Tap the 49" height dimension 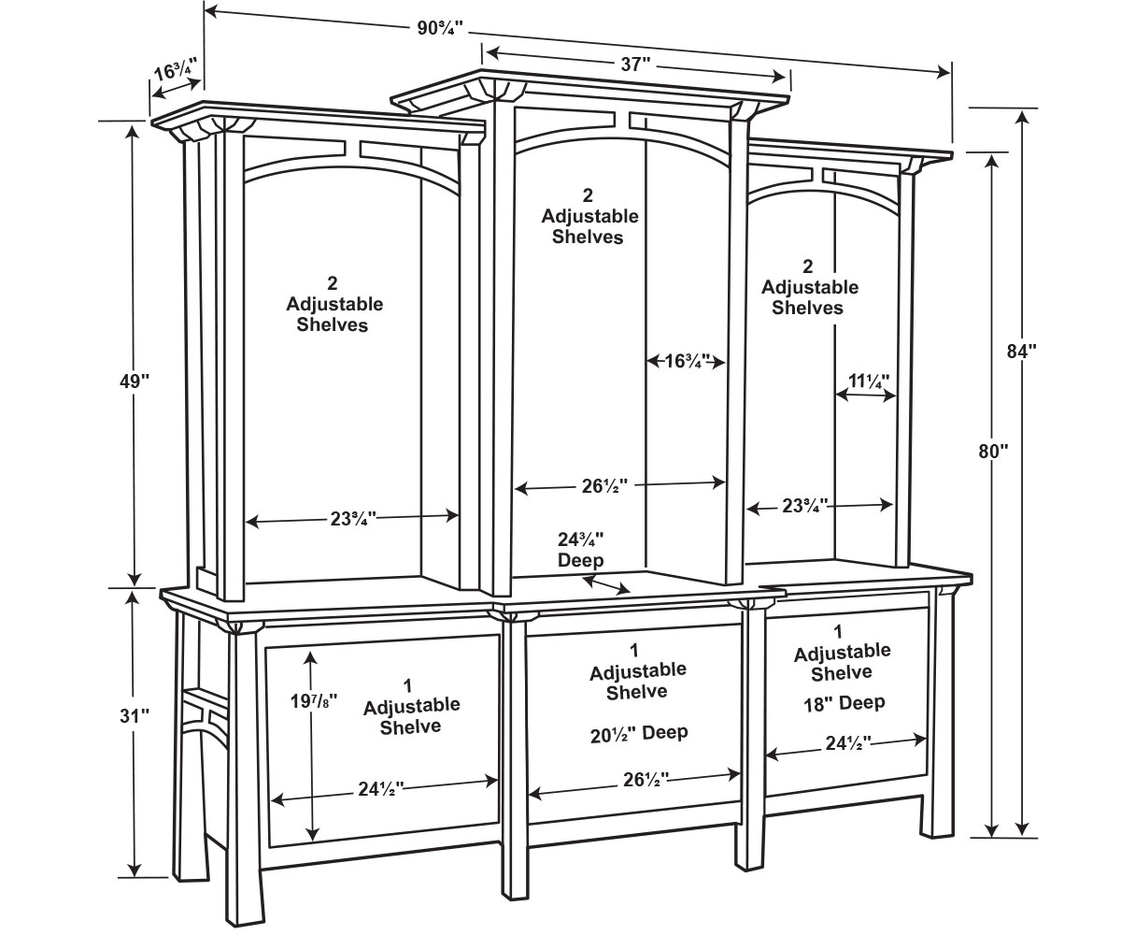(135, 381)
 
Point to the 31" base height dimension (135, 716)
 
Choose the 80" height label (993, 451)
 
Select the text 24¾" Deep (581, 550)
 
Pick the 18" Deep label (843, 702)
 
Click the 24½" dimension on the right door (847, 743)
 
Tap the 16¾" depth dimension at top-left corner (176, 73)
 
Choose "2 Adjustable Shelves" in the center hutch (589, 216)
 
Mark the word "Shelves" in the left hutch (333, 324)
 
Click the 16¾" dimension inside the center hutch (687, 361)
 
